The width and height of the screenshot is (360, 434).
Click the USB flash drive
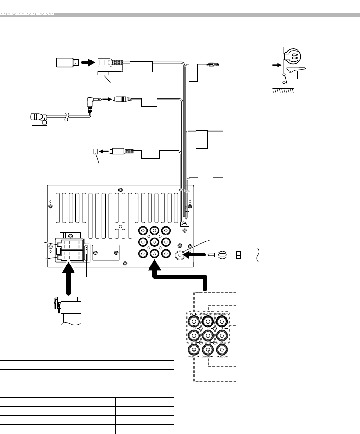(66, 62)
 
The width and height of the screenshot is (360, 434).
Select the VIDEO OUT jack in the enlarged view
(222, 350)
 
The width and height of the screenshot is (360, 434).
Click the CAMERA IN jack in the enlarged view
(208, 350)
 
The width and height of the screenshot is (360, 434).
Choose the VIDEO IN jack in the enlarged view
(193, 350)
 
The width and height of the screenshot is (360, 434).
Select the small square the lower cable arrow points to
(95, 151)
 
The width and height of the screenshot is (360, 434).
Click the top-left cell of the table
(14, 355)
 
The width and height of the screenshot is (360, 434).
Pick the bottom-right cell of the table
(145, 429)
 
